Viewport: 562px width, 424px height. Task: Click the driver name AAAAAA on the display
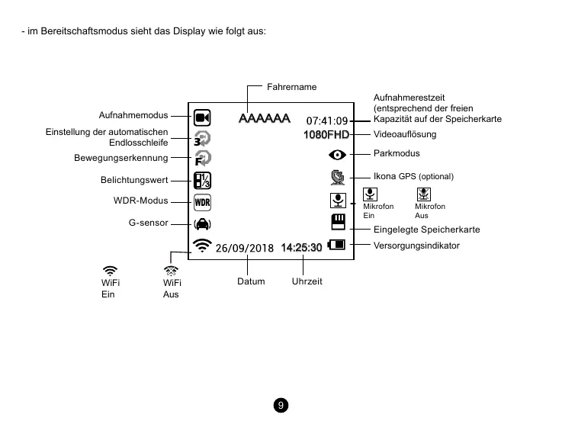click(x=264, y=119)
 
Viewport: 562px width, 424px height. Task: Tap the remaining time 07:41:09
click(x=326, y=120)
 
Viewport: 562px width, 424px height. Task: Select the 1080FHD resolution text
click(x=326, y=135)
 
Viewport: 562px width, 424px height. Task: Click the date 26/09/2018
click(x=244, y=248)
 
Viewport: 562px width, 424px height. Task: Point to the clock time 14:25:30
click(x=301, y=248)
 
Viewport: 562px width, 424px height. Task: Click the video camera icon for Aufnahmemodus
click(x=202, y=117)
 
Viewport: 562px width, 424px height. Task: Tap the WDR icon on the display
click(x=202, y=202)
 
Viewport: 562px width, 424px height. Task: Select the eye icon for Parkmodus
click(x=337, y=155)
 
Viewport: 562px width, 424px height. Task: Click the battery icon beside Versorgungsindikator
click(x=336, y=246)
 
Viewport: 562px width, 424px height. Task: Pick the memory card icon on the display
click(x=337, y=222)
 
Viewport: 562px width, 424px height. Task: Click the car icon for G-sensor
click(x=202, y=224)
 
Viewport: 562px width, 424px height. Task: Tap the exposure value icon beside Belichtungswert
click(x=202, y=181)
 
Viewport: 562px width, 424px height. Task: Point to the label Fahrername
click(x=291, y=88)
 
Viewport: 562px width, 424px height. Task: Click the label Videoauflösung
click(x=404, y=134)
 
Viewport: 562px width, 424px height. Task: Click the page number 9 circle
click(x=281, y=405)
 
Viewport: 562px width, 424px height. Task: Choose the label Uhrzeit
click(x=307, y=281)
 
